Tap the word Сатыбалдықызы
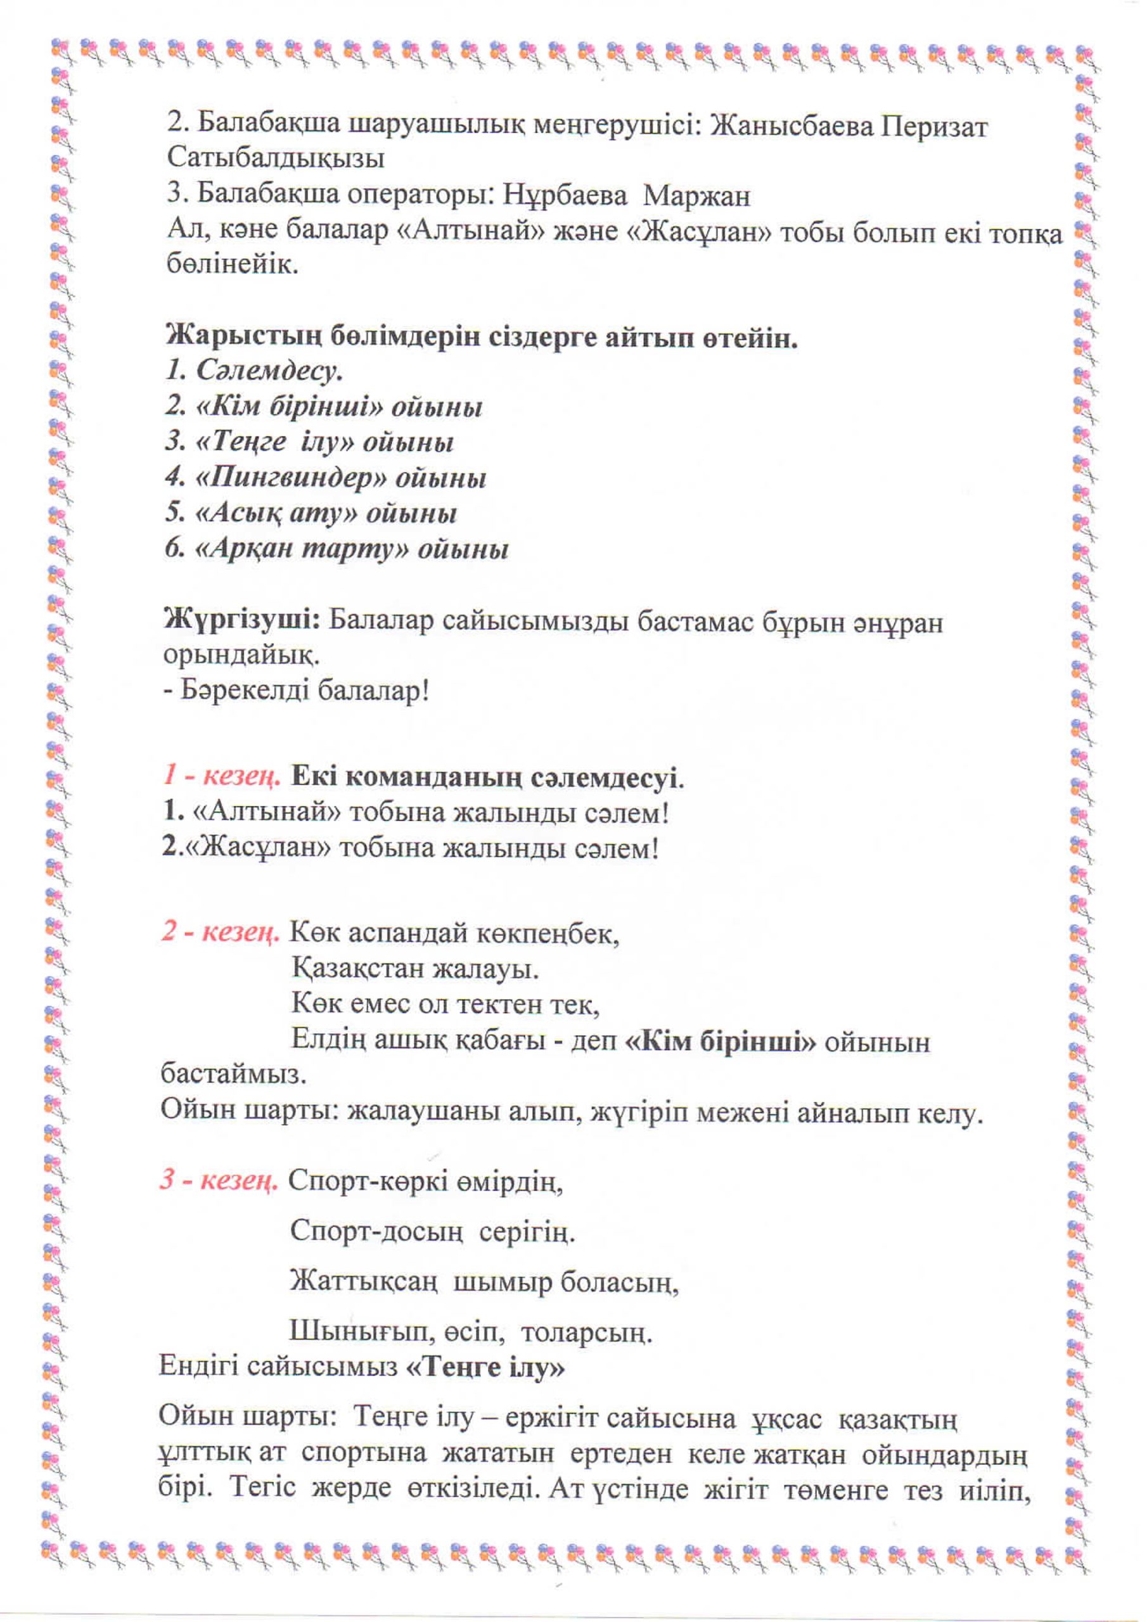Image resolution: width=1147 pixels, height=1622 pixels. tap(276, 158)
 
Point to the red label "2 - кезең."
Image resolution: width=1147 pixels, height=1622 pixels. tap(221, 933)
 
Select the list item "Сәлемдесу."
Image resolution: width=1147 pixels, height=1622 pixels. tap(269, 371)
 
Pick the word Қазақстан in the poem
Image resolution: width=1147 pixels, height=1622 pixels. tap(357, 969)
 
